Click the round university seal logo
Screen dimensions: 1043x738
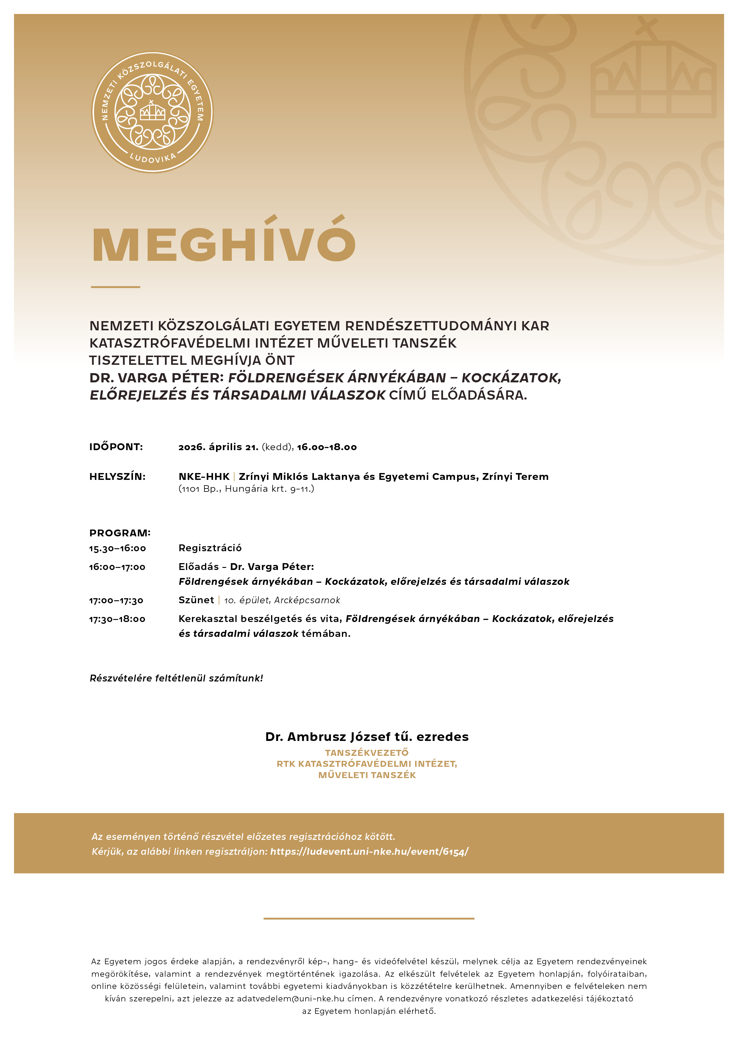click(x=152, y=112)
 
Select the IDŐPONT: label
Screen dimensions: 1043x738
click(x=116, y=447)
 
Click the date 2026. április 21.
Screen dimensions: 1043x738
click(x=218, y=447)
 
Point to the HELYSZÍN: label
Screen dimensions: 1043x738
click(x=117, y=477)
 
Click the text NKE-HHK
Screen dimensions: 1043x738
click(x=204, y=477)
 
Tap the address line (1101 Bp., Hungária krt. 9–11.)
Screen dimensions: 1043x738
click(x=246, y=489)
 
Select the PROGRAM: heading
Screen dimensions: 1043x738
click(x=120, y=533)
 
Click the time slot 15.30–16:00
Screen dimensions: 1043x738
click(x=117, y=548)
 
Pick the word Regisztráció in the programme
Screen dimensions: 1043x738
click(x=210, y=548)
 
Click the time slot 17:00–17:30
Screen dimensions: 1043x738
click(x=116, y=601)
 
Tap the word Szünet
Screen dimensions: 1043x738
click(x=196, y=600)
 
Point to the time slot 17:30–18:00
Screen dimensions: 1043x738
click(x=117, y=619)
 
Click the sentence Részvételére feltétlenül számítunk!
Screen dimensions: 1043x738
click(x=176, y=678)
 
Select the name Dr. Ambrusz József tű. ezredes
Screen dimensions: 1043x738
click(x=367, y=737)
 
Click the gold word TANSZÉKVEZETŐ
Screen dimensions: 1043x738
click(x=367, y=753)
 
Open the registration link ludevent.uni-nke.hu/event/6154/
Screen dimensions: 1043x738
click(x=369, y=852)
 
